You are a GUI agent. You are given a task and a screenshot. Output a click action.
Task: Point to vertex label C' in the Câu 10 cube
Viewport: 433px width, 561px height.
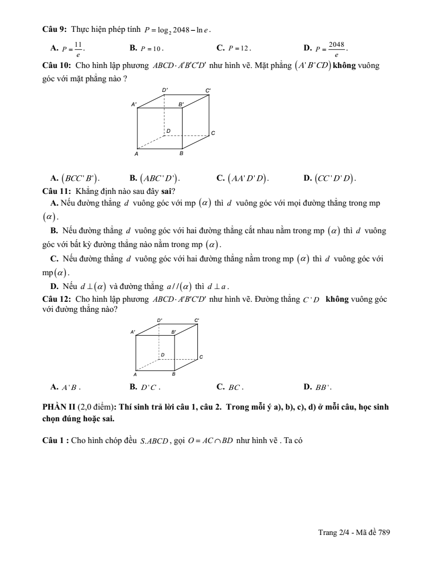coord(208,90)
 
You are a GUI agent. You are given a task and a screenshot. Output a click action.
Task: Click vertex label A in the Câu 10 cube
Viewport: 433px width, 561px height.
coord(136,154)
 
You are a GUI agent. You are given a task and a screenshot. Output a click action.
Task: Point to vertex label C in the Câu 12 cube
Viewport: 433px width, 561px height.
coord(201,358)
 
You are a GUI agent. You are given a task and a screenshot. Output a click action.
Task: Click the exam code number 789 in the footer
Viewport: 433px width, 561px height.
coord(384,532)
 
